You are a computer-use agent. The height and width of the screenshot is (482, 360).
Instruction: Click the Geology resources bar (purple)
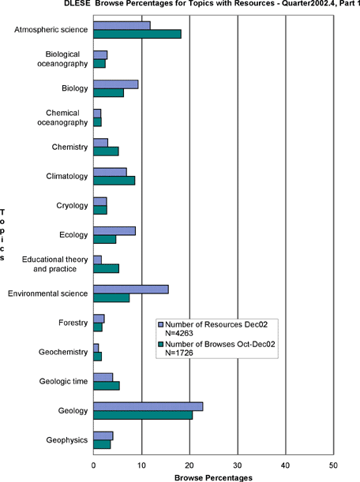[x=148, y=406]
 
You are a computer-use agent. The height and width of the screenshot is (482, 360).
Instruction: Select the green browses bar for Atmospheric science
[x=137, y=34]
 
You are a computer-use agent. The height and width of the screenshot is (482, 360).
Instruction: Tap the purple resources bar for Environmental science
[x=131, y=290]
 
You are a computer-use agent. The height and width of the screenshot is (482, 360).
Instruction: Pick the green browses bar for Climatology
[x=114, y=181]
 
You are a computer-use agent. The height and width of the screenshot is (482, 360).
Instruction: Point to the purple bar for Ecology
[x=114, y=231]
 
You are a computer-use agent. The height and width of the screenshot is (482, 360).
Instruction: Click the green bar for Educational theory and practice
[x=106, y=269]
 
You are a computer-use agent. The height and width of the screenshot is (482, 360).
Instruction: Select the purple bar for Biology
[x=116, y=84]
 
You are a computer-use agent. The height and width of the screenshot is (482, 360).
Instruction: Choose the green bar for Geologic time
[x=107, y=386]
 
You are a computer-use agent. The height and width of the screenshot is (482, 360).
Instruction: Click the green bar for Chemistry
[x=106, y=151]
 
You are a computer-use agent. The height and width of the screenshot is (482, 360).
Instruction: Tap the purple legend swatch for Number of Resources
[x=160, y=324]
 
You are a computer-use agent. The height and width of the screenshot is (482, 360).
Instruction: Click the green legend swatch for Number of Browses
[x=160, y=344]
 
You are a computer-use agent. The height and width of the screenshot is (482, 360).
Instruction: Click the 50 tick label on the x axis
[x=333, y=465]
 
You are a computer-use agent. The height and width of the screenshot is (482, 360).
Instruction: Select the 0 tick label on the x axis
[x=93, y=465]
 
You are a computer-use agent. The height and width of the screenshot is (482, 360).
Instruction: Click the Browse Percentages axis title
[x=213, y=478]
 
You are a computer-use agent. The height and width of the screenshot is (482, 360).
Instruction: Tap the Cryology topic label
[x=72, y=205]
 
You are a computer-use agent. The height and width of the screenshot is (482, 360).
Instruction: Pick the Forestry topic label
[x=73, y=323]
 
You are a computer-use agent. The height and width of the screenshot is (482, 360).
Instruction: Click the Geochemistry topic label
[x=63, y=352]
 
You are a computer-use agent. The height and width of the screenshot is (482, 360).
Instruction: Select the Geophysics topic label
[x=67, y=440]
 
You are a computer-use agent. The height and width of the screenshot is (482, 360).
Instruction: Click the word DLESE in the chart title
[x=74, y=3]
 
